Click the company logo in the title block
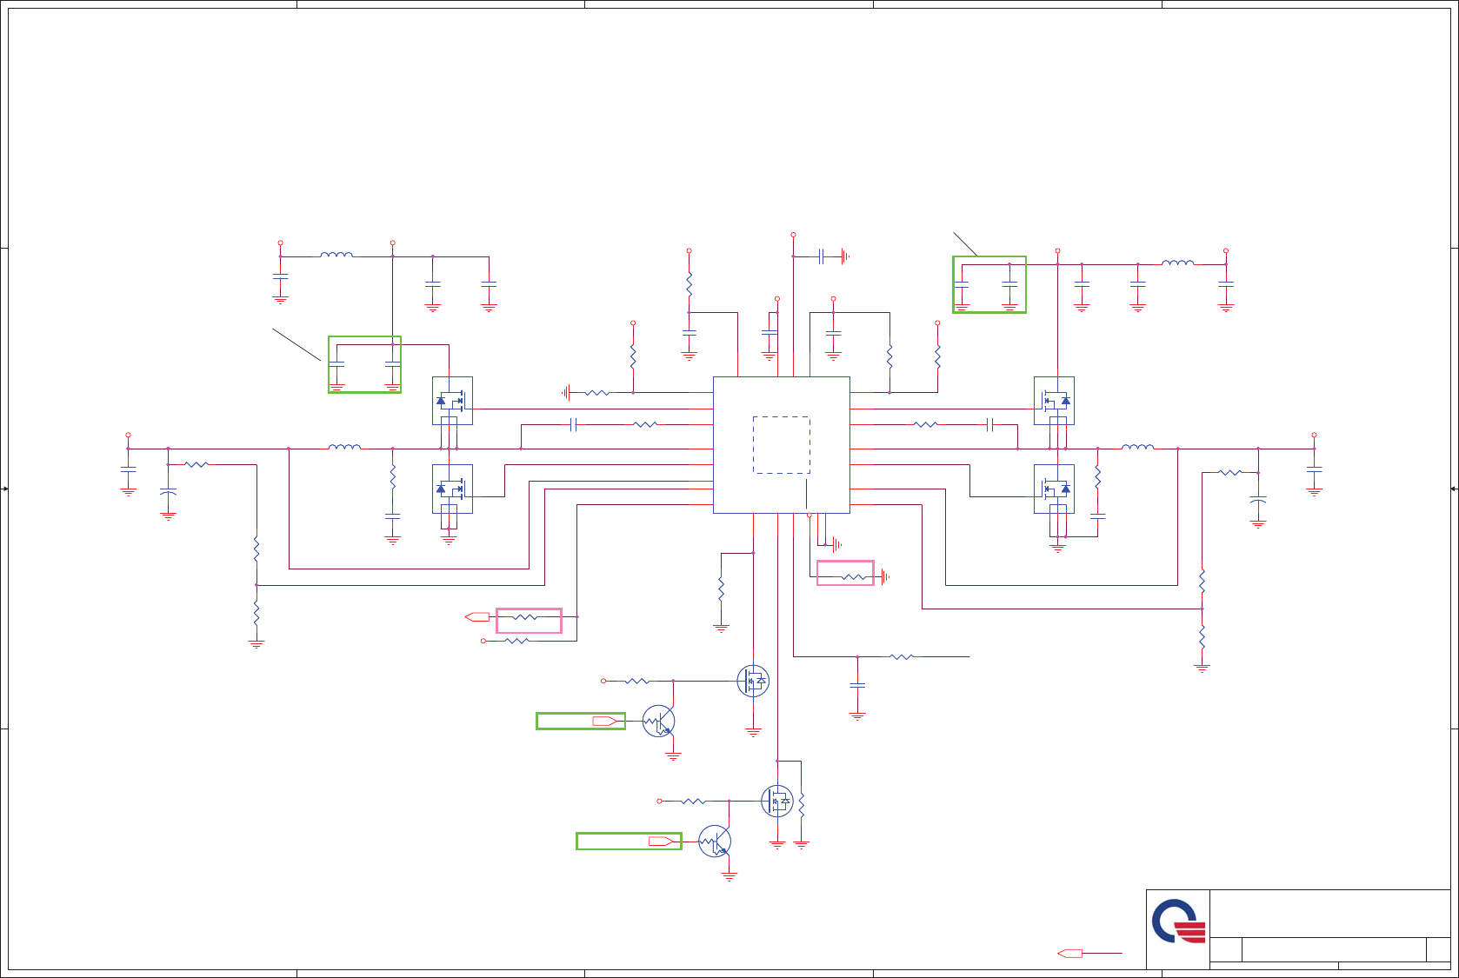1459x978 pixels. click(1178, 921)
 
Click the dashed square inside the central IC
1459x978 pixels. click(781, 445)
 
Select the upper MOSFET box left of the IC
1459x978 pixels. click(452, 401)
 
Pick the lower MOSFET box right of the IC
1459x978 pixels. click(1054, 489)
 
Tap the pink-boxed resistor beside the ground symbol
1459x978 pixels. click(845, 573)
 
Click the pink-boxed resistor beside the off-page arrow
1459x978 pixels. click(529, 620)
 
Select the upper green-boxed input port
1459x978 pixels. click(581, 721)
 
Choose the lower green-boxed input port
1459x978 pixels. click(629, 841)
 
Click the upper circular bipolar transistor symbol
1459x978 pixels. click(658, 721)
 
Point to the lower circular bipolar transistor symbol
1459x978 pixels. click(715, 841)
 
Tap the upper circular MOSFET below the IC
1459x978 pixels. click(753, 681)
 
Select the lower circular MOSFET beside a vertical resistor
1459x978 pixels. click(777, 801)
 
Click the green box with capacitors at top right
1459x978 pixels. click(989, 284)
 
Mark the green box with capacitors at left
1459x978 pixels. click(364, 364)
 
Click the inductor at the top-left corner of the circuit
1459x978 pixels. click(336, 255)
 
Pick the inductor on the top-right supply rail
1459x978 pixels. click(1178, 263)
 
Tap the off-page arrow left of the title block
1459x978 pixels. click(1069, 954)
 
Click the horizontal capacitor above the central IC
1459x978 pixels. click(821, 256)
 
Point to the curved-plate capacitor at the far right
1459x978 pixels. click(1257, 502)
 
